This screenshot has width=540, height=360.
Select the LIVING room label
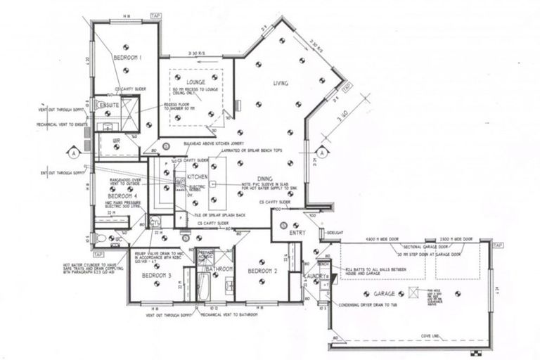tap(281, 84)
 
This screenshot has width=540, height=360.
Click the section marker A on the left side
tap(72, 152)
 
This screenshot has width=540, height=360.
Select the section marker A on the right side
tap(321, 152)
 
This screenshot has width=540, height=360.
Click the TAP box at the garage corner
tap(498, 245)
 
